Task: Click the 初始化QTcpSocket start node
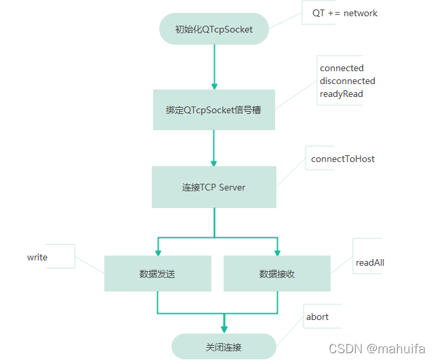[x=213, y=29]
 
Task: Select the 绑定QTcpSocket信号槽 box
[x=213, y=109]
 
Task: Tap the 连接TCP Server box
[x=213, y=187]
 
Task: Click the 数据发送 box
[x=157, y=274]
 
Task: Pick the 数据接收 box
[x=276, y=274]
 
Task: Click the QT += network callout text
[x=344, y=13]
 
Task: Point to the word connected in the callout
[x=341, y=68]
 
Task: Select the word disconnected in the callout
[x=347, y=81]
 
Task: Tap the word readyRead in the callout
[x=341, y=94]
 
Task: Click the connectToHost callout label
[x=342, y=159]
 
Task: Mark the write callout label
[x=37, y=257]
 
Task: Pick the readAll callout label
[x=370, y=262]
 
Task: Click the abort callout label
[x=317, y=317]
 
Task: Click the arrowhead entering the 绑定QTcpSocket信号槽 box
[x=214, y=85]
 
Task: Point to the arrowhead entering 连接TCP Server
[x=214, y=163]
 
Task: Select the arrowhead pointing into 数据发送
[x=158, y=252]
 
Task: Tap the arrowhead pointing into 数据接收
[x=277, y=252]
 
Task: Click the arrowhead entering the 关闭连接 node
[x=224, y=329]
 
